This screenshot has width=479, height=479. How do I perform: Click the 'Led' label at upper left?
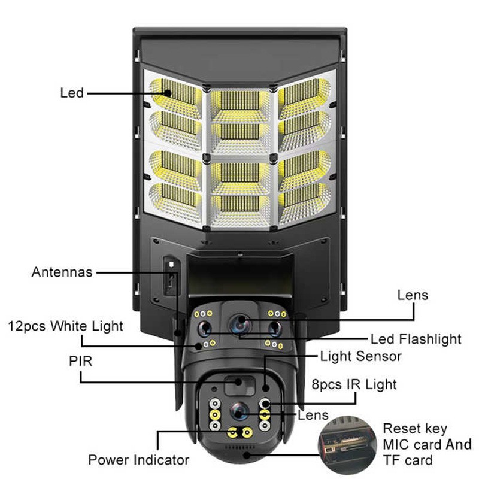[x=71, y=93]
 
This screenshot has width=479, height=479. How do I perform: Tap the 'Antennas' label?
[x=62, y=272]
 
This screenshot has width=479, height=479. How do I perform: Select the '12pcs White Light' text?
[x=65, y=326]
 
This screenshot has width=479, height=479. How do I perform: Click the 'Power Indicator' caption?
[x=139, y=460]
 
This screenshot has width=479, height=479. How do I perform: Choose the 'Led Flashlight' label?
[x=416, y=339]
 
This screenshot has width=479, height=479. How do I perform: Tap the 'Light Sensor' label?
[x=361, y=357]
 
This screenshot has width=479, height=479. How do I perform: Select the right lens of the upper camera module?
[x=275, y=328]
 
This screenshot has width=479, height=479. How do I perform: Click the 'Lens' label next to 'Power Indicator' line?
[x=313, y=415]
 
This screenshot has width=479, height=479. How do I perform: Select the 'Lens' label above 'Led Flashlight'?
[x=413, y=295]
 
